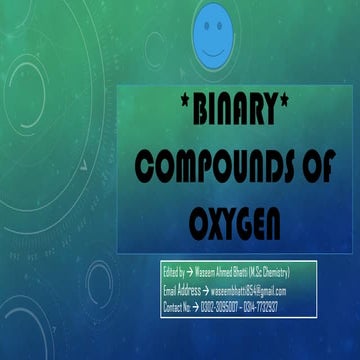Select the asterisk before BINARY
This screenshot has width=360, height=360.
pos(164,106)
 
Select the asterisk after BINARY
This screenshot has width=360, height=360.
pos(303,106)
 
